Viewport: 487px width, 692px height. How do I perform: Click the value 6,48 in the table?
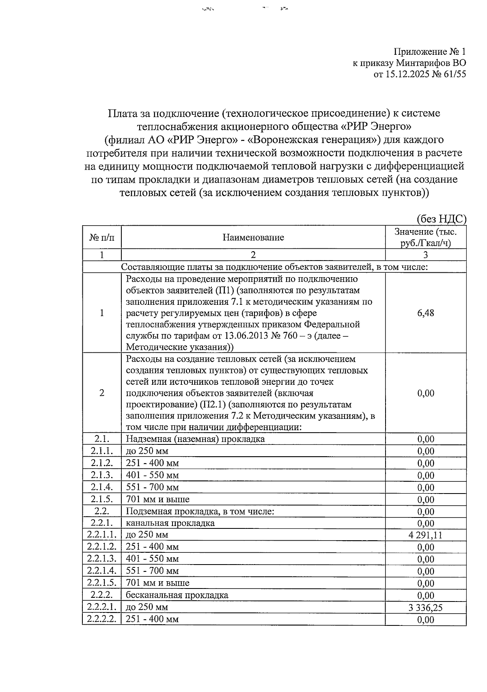point(425,313)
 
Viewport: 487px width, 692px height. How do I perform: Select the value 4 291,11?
point(425,535)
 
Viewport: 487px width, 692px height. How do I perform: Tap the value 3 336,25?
point(425,608)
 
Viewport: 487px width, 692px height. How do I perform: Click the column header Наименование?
point(253,237)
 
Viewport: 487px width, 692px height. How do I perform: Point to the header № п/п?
point(101,237)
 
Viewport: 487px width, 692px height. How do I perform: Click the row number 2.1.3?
point(101,475)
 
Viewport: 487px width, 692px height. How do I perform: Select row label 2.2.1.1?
point(101,535)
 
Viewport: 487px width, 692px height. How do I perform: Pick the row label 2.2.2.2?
point(101,619)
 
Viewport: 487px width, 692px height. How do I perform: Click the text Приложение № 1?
point(430,52)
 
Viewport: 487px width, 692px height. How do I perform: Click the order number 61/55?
point(455,74)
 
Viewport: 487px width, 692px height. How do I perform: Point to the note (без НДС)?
point(442,219)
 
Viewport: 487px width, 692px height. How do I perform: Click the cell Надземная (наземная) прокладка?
point(195,439)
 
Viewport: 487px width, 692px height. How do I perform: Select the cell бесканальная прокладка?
point(177,595)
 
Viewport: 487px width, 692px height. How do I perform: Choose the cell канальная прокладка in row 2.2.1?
point(170,523)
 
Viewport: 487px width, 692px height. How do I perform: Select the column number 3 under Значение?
point(425,255)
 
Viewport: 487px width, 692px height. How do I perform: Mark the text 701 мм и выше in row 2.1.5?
point(157,499)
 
